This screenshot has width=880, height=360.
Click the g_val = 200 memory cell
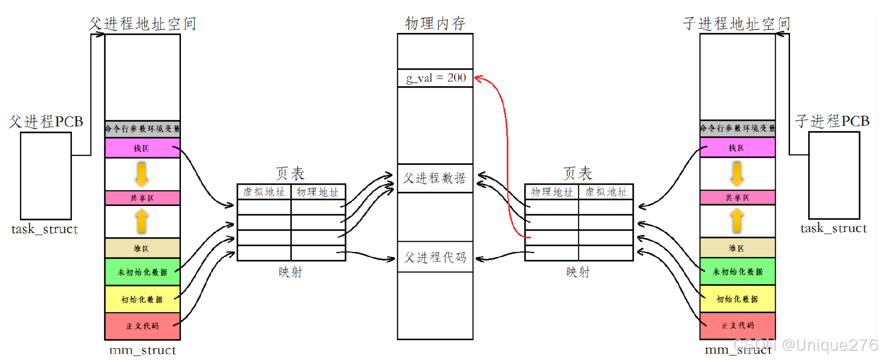(435, 78)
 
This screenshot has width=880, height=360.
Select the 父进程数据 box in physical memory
(435, 178)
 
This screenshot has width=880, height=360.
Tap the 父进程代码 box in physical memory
(435, 257)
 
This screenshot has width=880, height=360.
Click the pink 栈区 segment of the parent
(142, 148)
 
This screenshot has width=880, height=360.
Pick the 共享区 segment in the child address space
(737, 198)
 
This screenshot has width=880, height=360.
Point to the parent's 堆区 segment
(142, 249)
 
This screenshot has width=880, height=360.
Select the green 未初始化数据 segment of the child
(737, 271)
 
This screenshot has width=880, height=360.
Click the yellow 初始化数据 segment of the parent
(142, 299)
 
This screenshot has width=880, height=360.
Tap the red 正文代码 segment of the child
(737, 326)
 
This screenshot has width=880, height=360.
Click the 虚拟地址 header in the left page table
(264, 192)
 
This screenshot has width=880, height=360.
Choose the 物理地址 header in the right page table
(552, 192)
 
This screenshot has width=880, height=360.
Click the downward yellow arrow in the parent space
(142, 174)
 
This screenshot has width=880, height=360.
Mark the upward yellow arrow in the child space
(737, 220)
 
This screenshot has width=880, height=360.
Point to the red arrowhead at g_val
(478, 79)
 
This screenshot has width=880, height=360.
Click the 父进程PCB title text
(46, 122)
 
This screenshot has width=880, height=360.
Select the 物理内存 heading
(435, 23)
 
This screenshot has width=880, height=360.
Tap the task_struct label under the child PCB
(833, 228)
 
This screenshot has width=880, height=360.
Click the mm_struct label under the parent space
(142, 350)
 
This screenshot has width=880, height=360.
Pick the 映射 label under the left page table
(290, 272)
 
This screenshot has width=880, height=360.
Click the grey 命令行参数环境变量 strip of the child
(737, 128)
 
